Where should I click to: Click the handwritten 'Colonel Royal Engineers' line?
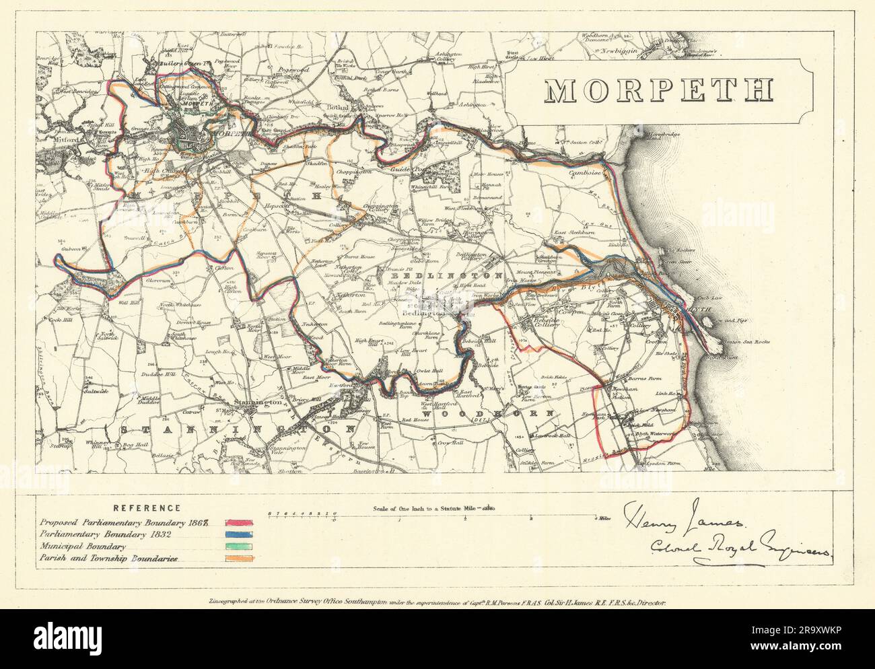coord(738,547)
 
